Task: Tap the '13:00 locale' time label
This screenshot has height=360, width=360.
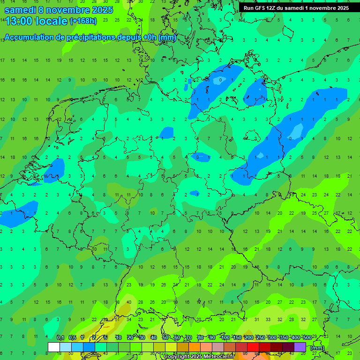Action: pos(36,21)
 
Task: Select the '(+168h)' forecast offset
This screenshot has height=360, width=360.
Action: pos(83,21)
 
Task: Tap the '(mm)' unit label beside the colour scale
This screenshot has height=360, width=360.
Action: pos(317,348)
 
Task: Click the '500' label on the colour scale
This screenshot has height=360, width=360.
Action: pos(307,337)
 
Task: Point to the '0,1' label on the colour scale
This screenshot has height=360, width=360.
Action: pos(60,337)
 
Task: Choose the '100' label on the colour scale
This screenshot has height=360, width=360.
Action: pos(225,337)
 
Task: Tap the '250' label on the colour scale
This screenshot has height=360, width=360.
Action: pos(260,337)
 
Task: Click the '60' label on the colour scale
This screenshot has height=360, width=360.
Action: pos(177,337)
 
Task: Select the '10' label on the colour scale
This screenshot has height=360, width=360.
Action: pos(119,337)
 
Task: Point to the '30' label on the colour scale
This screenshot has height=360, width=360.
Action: pos(142,337)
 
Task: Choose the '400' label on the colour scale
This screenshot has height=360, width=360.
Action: pos(295,337)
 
